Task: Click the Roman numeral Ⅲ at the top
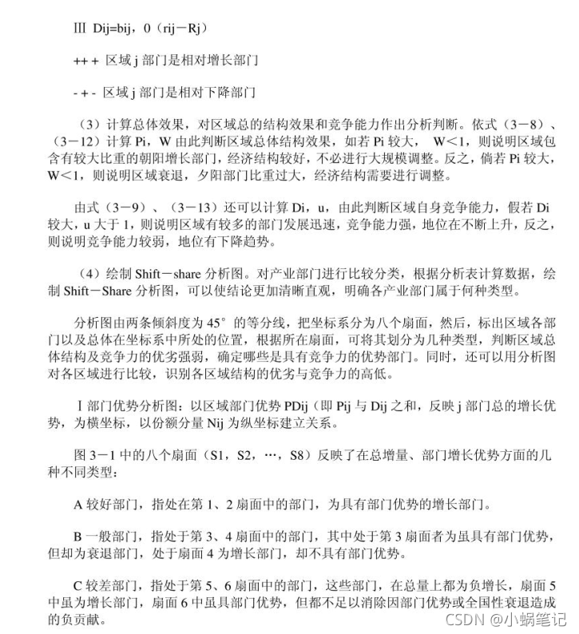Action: tap(78, 29)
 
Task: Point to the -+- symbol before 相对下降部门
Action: tap(86, 93)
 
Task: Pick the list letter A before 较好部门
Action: tap(78, 505)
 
